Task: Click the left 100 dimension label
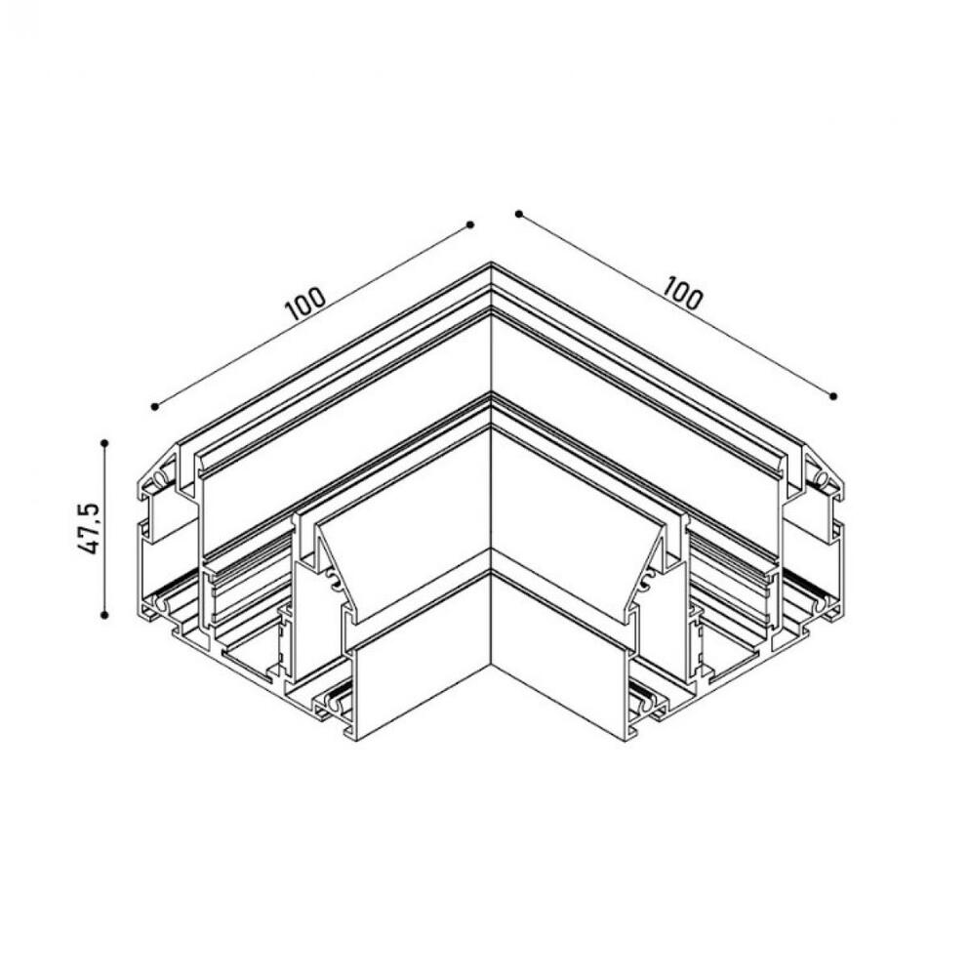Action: click(305, 304)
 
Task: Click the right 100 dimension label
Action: click(682, 293)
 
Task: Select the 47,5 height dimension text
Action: click(90, 528)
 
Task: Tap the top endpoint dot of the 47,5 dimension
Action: click(104, 442)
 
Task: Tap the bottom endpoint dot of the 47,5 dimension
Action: click(104, 615)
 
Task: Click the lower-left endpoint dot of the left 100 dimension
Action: click(154, 406)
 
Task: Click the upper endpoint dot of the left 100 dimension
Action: click(470, 224)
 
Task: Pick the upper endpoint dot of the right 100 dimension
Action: click(518, 214)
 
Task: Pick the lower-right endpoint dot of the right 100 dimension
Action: click(833, 396)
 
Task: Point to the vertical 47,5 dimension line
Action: click(104, 529)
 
